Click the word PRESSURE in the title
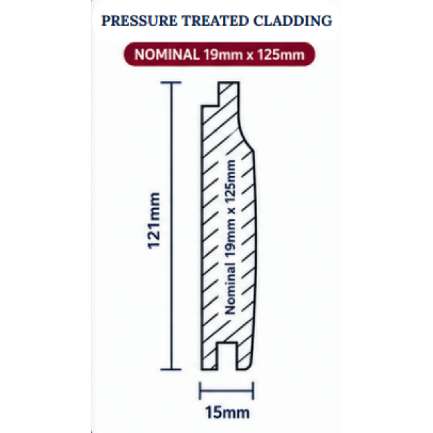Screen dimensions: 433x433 [139, 21]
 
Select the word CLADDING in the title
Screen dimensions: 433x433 [293, 21]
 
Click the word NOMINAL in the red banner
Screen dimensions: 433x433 [167, 55]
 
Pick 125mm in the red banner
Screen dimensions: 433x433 [281, 55]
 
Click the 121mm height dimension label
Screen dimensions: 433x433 [154, 221]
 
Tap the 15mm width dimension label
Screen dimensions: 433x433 [227, 413]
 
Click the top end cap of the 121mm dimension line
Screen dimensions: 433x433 [171, 83]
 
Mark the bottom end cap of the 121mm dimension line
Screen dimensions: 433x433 [171, 369]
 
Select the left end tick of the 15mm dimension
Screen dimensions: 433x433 [200, 391]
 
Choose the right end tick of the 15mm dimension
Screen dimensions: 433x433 [253, 391]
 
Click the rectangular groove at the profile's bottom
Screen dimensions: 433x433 [227, 356]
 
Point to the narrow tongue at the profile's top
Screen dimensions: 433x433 [229, 93]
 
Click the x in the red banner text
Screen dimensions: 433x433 [250, 56]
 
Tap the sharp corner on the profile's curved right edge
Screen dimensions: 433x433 [253, 151]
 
